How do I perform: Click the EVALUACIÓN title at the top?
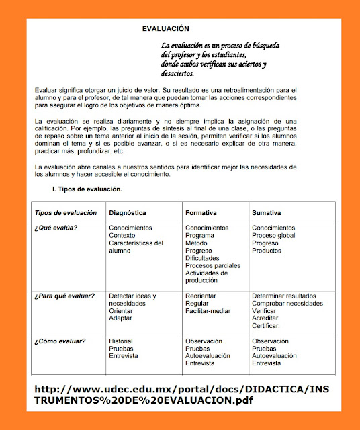point(166,29)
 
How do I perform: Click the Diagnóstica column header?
point(128,213)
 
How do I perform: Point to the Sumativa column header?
point(267,213)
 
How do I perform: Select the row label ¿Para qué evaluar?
point(64,296)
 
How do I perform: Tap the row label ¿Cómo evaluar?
point(60,341)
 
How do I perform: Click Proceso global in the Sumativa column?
point(273,236)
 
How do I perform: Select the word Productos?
point(267,251)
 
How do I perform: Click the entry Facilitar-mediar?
point(208,311)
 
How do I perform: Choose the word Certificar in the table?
point(266,326)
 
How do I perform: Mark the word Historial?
point(122,341)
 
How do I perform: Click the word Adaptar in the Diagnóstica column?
point(121,318)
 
